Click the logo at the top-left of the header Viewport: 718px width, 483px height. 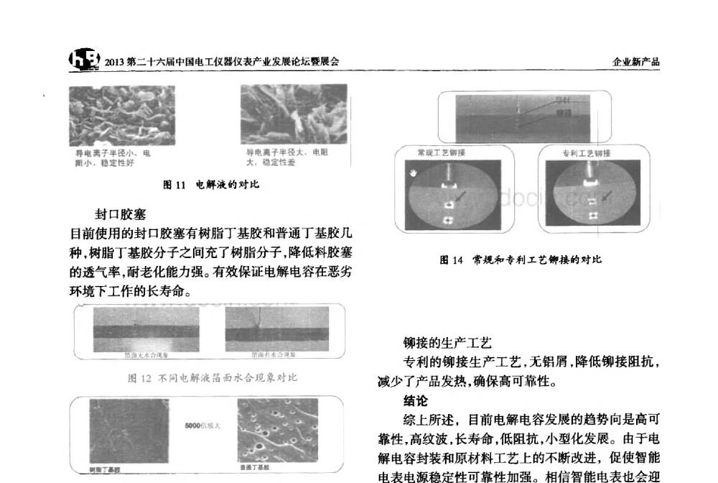pyautogui.click(x=85, y=60)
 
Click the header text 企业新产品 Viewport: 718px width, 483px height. pyautogui.click(x=635, y=63)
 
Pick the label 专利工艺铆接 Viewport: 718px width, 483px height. pyautogui.click(x=586, y=153)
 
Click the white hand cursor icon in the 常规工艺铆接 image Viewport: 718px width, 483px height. pyautogui.click(x=413, y=172)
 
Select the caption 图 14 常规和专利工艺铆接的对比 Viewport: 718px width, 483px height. pyautogui.click(x=521, y=259)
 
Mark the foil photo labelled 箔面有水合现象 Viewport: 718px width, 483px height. pyautogui.click(x=276, y=329)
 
